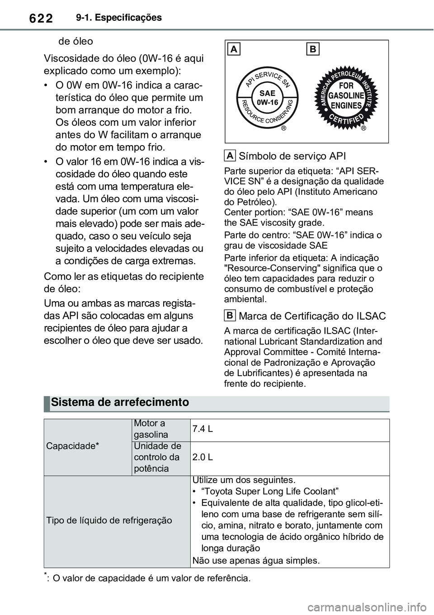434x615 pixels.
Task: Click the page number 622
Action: tap(40, 18)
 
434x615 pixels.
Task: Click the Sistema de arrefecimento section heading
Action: tap(120, 402)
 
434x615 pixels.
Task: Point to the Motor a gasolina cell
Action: tap(151, 429)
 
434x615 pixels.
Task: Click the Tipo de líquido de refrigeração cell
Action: tap(109, 520)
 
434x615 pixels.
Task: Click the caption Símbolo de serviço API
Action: tap(292, 156)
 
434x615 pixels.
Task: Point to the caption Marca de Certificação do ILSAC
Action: tap(312, 316)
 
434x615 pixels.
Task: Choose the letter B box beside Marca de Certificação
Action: tap(230, 315)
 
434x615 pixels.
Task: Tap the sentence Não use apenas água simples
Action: tap(256, 561)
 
